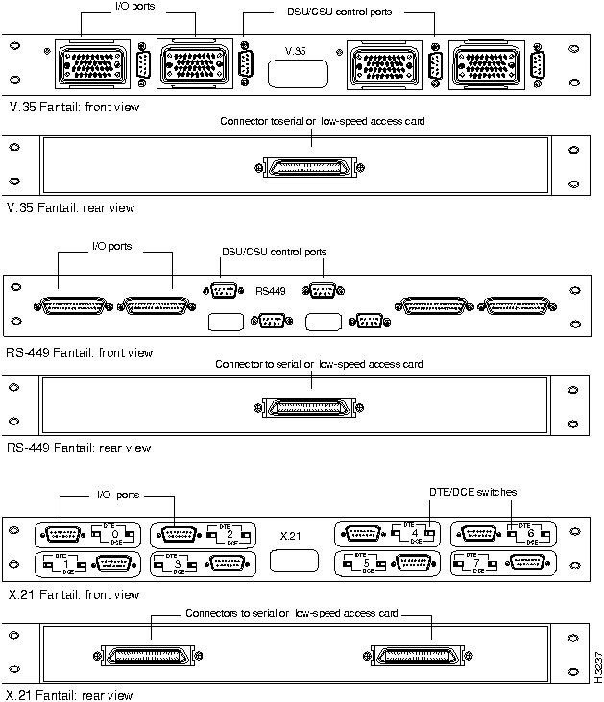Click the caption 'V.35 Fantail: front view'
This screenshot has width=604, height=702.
click(73, 107)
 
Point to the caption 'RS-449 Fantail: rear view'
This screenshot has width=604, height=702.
click(79, 448)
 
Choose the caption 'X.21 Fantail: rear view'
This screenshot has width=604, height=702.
click(70, 694)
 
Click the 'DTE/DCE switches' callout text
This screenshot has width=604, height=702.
click(472, 492)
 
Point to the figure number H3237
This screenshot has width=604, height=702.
click(595, 662)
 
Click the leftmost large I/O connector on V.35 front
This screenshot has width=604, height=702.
click(89, 65)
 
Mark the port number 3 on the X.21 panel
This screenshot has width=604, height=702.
click(179, 562)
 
